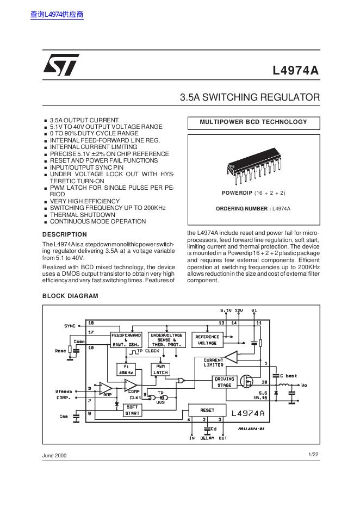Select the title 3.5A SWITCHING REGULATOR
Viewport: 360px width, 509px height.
pos(250,97)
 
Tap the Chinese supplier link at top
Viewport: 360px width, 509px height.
pos(57,15)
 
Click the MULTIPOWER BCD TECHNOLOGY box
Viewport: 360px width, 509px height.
pos(253,122)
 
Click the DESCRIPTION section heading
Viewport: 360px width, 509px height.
pos(64,234)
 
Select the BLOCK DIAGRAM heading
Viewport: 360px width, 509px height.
pos(70,296)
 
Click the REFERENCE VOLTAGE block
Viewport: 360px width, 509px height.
pos(207,340)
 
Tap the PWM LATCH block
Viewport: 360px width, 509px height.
pos(160,370)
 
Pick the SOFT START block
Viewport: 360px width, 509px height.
pos(132,409)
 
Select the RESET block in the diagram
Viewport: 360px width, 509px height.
pos(207,410)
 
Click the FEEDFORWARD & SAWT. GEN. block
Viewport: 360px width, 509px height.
pos(126,340)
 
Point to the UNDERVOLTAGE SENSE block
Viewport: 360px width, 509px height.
pos(167,340)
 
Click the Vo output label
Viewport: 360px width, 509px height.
pos(304,385)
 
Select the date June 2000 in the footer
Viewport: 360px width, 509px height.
pos(54,455)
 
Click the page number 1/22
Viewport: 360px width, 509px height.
pos(313,454)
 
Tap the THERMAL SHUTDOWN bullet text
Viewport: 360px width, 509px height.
pos(83,215)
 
